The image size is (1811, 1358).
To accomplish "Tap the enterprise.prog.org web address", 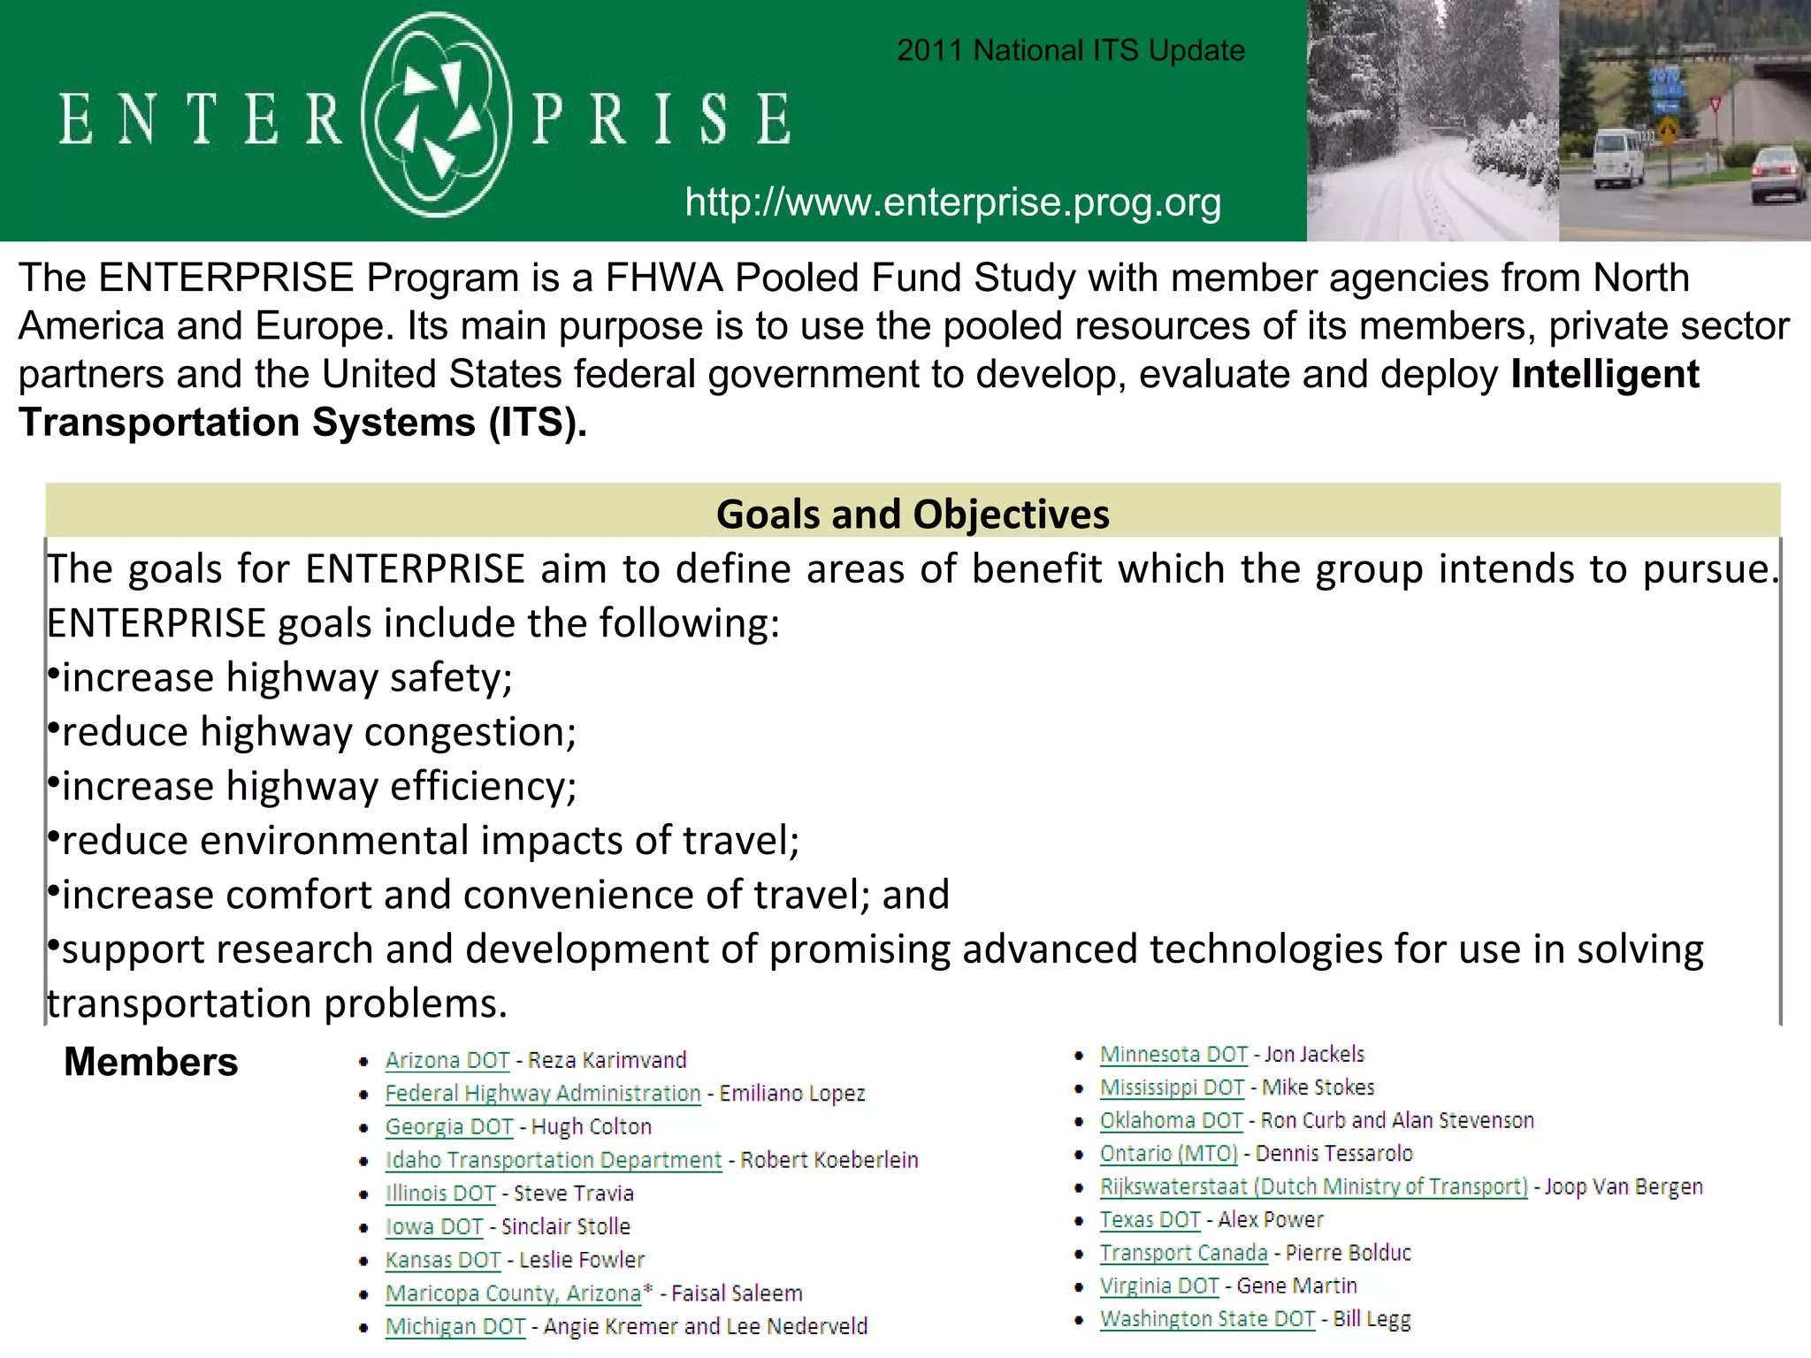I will pyautogui.click(x=952, y=202).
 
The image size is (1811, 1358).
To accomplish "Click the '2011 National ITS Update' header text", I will pyautogui.click(x=1070, y=50).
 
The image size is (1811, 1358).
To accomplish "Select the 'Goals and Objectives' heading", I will pyautogui.click(x=912, y=514).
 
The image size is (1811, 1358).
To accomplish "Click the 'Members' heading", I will pyautogui.click(x=151, y=1062).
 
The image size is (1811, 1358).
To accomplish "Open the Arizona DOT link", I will pyautogui.click(x=447, y=1060).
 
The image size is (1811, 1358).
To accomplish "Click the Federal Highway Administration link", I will pyautogui.click(x=542, y=1094).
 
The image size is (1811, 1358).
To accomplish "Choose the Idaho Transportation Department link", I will pyautogui.click(x=553, y=1160).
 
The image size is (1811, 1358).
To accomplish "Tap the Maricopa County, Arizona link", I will pyautogui.click(x=513, y=1293).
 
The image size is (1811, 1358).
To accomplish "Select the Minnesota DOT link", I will pyautogui.click(x=1173, y=1055).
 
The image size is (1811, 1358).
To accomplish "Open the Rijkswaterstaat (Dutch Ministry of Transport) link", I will pyautogui.click(x=1313, y=1186).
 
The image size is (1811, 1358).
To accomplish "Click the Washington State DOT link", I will pyautogui.click(x=1207, y=1319).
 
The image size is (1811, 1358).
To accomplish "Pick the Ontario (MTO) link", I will pyautogui.click(x=1168, y=1154).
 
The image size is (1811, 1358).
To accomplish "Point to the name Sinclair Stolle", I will pyautogui.click(x=566, y=1227).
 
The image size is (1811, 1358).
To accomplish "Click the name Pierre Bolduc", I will pyautogui.click(x=1349, y=1253).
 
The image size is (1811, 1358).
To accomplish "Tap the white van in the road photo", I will pyautogui.click(x=1618, y=157).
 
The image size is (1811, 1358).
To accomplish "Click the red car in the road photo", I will pyautogui.click(x=1778, y=173).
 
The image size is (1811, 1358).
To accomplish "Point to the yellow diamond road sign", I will pyautogui.click(x=1668, y=133).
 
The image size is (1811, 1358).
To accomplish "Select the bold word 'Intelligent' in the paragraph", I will pyautogui.click(x=1604, y=375).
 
